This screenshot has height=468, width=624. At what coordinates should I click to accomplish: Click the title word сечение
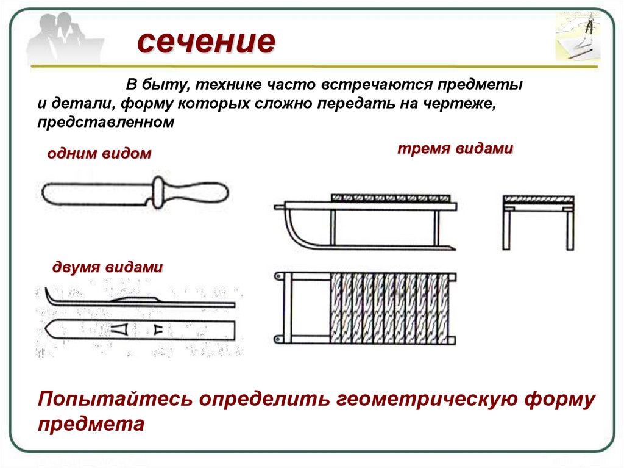tap(206, 42)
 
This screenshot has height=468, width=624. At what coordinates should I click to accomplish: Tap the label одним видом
tap(99, 153)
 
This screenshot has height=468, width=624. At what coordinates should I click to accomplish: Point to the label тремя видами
tap(455, 149)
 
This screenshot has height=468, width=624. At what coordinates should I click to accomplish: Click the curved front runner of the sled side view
tap(292, 232)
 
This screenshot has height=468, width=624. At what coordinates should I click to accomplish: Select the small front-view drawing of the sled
tap(538, 221)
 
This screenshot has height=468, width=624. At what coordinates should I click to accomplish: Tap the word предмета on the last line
tap(91, 423)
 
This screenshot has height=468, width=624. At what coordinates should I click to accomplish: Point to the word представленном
tap(105, 122)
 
